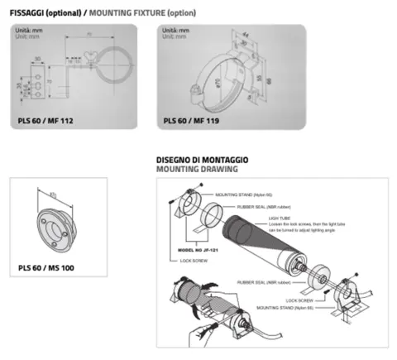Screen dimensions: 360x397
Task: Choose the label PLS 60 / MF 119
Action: coord(193,120)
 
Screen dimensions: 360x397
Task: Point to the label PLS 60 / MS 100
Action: coord(46,266)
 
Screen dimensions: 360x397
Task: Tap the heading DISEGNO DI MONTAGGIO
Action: coord(203,159)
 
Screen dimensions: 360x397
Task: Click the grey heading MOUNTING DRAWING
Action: coord(197,168)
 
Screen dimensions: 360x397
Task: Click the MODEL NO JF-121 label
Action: coord(199,248)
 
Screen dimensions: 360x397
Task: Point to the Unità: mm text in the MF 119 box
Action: coord(176,31)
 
